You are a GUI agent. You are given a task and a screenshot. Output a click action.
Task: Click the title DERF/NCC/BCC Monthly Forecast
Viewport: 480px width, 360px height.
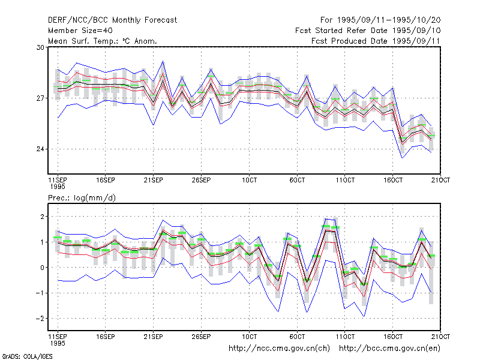coord(112,20)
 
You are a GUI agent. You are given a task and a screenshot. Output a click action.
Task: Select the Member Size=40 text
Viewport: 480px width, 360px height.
coord(80,31)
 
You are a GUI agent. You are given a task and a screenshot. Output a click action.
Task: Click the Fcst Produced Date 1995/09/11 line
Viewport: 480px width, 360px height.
coord(376,41)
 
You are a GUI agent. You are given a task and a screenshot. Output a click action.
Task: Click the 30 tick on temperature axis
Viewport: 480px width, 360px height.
coord(40,47)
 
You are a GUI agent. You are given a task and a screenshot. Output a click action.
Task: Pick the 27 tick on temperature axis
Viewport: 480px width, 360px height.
coord(40,98)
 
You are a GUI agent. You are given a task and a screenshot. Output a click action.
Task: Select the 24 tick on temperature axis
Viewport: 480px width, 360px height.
coord(40,149)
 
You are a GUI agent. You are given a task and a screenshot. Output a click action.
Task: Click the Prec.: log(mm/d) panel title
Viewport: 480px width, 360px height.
coord(82,198)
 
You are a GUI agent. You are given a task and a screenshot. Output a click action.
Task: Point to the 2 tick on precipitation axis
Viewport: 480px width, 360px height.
coord(43,217)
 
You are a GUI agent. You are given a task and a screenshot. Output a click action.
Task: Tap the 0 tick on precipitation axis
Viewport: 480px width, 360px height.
coord(43,268)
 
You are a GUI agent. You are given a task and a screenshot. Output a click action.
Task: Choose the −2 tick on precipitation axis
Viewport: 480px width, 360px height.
coord(40,319)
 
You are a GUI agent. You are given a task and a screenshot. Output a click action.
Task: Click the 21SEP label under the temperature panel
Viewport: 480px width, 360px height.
coord(154,180)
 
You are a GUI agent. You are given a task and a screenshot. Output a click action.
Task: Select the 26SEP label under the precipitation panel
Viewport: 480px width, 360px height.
coord(201,337)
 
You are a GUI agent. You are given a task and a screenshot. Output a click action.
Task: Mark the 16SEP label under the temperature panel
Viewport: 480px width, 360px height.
coord(106,180)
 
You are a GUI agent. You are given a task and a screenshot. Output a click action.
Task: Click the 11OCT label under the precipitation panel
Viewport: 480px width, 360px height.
coord(345,337)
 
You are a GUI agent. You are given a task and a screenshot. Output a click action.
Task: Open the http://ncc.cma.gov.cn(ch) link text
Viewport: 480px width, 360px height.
coord(279,349)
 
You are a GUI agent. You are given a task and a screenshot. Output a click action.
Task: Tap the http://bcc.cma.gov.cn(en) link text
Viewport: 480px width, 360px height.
coord(389,349)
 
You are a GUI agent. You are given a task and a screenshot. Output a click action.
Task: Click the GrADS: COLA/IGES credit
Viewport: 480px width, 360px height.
coord(27,356)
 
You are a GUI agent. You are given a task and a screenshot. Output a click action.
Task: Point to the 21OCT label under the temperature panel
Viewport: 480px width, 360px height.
coord(440,180)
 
